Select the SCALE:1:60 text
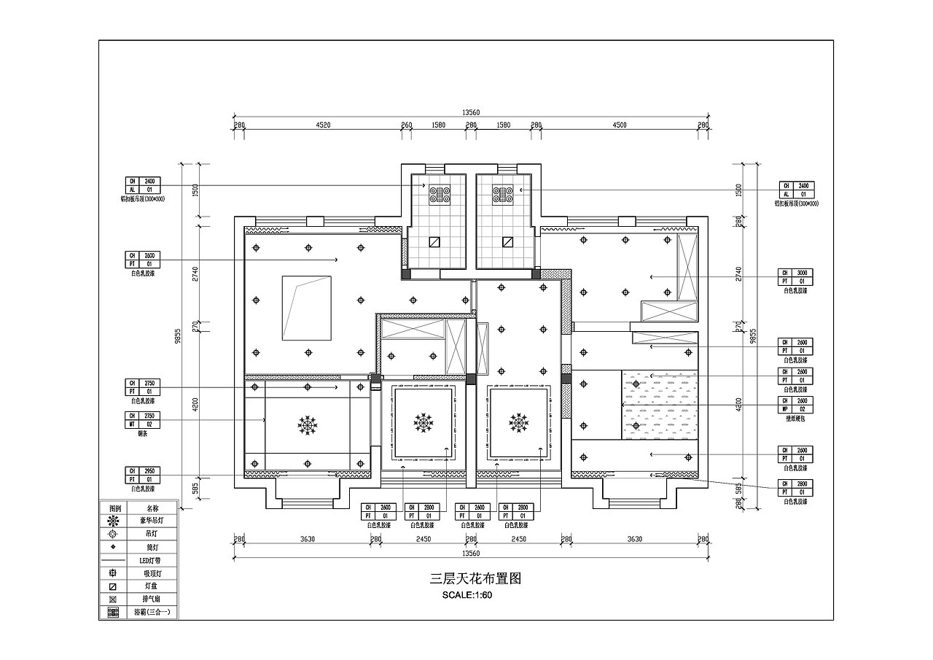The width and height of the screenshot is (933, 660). click(x=467, y=595)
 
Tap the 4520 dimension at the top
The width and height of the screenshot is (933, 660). click(x=323, y=125)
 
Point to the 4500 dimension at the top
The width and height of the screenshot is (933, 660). click(x=619, y=125)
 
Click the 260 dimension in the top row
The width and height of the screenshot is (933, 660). click(x=407, y=125)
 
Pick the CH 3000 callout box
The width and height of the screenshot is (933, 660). click(x=795, y=276)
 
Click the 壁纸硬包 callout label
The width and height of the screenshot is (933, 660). click(x=795, y=419)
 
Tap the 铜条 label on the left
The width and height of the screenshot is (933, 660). click(x=143, y=432)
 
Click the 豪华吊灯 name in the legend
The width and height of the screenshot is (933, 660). click(x=152, y=521)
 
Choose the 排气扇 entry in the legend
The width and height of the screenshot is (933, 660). click(x=152, y=599)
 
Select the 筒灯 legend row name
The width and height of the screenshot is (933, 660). click(x=152, y=547)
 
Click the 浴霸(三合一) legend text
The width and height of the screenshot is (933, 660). click(x=152, y=613)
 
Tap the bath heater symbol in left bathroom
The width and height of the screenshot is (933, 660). click(x=441, y=193)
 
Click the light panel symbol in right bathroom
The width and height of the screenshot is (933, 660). click(x=507, y=242)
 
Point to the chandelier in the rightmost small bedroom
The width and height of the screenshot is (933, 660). click(x=518, y=422)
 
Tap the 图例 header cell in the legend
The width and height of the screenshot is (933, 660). click(x=114, y=508)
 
